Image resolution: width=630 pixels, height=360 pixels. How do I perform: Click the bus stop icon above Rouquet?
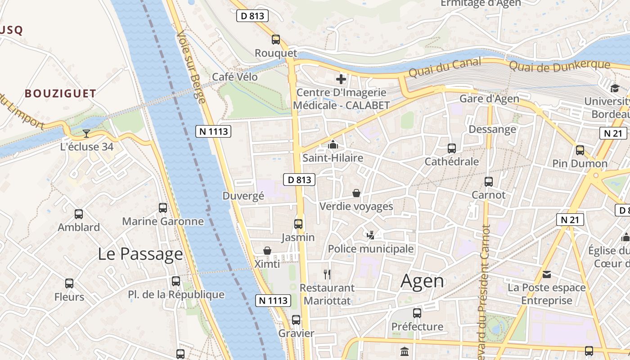pyautogui.click(x=276, y=40)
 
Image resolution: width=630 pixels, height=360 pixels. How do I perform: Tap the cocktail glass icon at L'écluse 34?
pyautogui.click(x=86, y=133)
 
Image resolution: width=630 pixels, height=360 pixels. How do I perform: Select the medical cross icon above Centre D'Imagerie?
pyautogui.click(x=341, y=80)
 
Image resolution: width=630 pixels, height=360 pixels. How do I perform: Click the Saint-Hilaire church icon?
pyautogui.click(x=333, y=144)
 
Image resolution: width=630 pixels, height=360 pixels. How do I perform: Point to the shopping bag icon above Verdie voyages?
pyautogui.click(x=356, y=193)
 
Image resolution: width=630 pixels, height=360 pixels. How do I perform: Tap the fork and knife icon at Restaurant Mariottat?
pyautogui.click(x=327, y=274)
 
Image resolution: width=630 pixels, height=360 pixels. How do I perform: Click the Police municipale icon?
pyautogui.click(x=370, y=235)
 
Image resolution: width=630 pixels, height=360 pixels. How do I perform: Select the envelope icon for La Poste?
pyautogui.click(x=547, y=274)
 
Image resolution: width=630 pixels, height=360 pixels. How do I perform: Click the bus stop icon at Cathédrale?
pyautogui.click(x=452, y=148)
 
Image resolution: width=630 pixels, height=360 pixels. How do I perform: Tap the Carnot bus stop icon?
pyautogui.click(x=489, y=182)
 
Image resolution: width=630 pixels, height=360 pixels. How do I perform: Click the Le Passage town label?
pyautogui.click(x=140, y=254)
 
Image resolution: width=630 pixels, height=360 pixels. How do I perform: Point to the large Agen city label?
pyautogui.click(x=422, y=281)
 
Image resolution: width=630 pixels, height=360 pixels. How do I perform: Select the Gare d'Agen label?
pyautogui.click(x=489, y=99)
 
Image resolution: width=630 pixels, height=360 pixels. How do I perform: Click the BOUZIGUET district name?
pyautogui.click(x=60, y=94)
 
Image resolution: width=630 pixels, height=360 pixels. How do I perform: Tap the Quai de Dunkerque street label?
pyautogui.click(x=559, y=66)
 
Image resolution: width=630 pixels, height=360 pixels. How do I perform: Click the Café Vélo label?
pyautogui.click(x=235, y=77)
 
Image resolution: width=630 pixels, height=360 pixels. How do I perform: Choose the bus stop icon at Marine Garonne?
pyautogui.click(x=163, y=208)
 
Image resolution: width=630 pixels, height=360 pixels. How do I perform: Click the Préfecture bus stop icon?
pyautogui.click(x=417, y=313)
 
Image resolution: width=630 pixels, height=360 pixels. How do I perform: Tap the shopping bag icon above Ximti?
pyautogui.click(x=267, y=250)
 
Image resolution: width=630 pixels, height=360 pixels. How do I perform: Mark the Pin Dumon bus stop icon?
pyautogui.click(x=580, y=150)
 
